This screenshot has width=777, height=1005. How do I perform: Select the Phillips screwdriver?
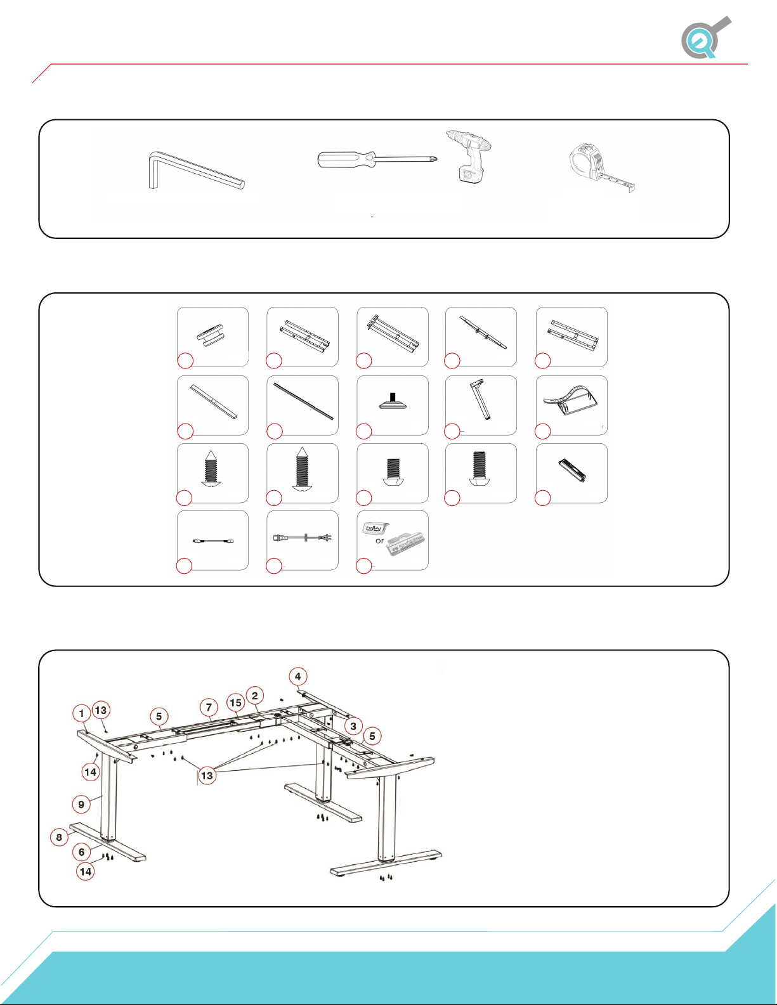(377, 160)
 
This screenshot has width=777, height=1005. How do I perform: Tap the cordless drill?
(469, 157)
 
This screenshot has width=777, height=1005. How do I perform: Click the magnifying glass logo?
(705, 37)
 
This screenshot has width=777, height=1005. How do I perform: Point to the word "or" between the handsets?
(380, 541)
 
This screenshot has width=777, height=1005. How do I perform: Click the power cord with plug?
(303, 538)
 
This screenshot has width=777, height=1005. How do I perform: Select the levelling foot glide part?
(393, 401)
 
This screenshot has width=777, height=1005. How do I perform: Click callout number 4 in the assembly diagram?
(298, 677)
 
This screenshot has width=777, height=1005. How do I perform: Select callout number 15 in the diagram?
(235, 703)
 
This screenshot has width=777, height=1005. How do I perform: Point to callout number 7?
(209, 707)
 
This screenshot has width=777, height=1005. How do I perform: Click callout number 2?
(254, 696)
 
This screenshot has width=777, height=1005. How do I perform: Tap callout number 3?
(353, 725)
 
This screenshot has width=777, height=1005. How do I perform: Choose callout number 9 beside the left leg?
(81, 804)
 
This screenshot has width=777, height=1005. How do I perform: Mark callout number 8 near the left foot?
(59, 837)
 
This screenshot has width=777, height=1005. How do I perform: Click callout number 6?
(81, 852)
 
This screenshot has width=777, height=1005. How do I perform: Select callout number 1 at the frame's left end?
(82, 713)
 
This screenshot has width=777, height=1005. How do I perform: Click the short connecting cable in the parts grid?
(212, 541)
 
